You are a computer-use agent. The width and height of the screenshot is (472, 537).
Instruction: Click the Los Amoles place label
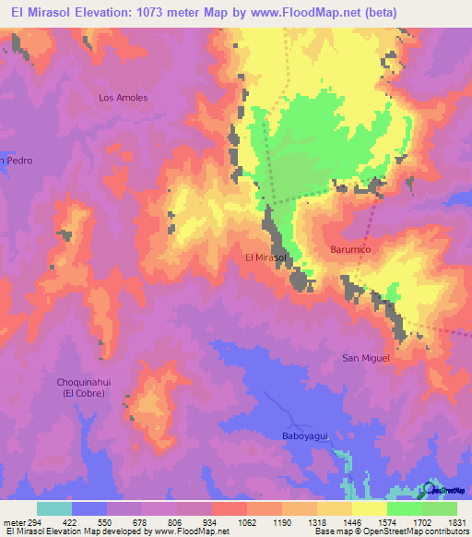point(124,97)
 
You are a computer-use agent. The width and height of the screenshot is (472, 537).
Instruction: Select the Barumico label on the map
point(350,250)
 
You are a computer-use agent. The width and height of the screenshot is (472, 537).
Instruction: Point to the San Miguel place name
point(366,358)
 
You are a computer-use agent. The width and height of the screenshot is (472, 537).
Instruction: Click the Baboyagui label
point(304,436)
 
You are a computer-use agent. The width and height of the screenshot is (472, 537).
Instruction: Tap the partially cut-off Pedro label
point(17,161)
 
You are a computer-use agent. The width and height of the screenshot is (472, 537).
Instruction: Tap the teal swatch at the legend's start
point(54,508)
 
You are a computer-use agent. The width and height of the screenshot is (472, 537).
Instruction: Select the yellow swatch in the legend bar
point(369,508)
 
